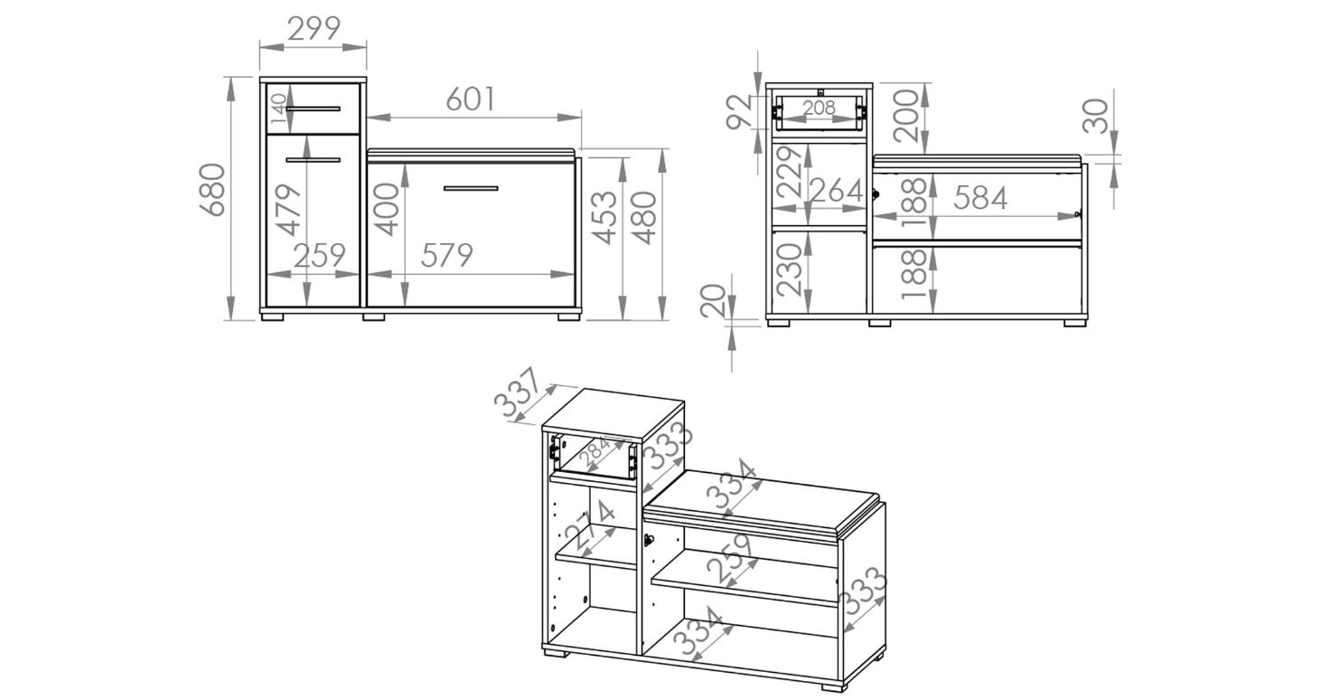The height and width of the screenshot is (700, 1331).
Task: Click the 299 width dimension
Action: point(314,28)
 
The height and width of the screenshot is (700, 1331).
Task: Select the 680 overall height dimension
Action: point(212,190)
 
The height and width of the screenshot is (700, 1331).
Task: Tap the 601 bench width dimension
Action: point(471,99)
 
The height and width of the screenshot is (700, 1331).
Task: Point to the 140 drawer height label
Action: point(278,109)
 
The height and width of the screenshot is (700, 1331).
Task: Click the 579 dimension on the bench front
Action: point(447,256)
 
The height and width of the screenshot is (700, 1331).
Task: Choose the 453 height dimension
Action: point(606,218)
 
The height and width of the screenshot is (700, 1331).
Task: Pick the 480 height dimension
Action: point(645,218)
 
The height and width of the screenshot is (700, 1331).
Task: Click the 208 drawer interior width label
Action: point(819,109)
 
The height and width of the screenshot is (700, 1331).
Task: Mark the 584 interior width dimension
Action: point(980,198)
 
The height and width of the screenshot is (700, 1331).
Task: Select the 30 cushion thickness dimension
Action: point(1095,117)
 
